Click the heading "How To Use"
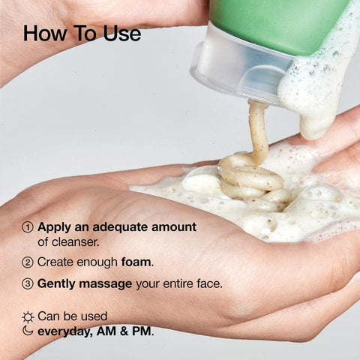(x=81, y=34)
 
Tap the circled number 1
(x=28, y=226)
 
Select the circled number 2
(x=28, y=262)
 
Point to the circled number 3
(x=28, y=284)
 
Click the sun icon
(x=28, y=317)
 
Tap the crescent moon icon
(x=28, y=331)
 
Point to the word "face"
(x=208, y=284)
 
